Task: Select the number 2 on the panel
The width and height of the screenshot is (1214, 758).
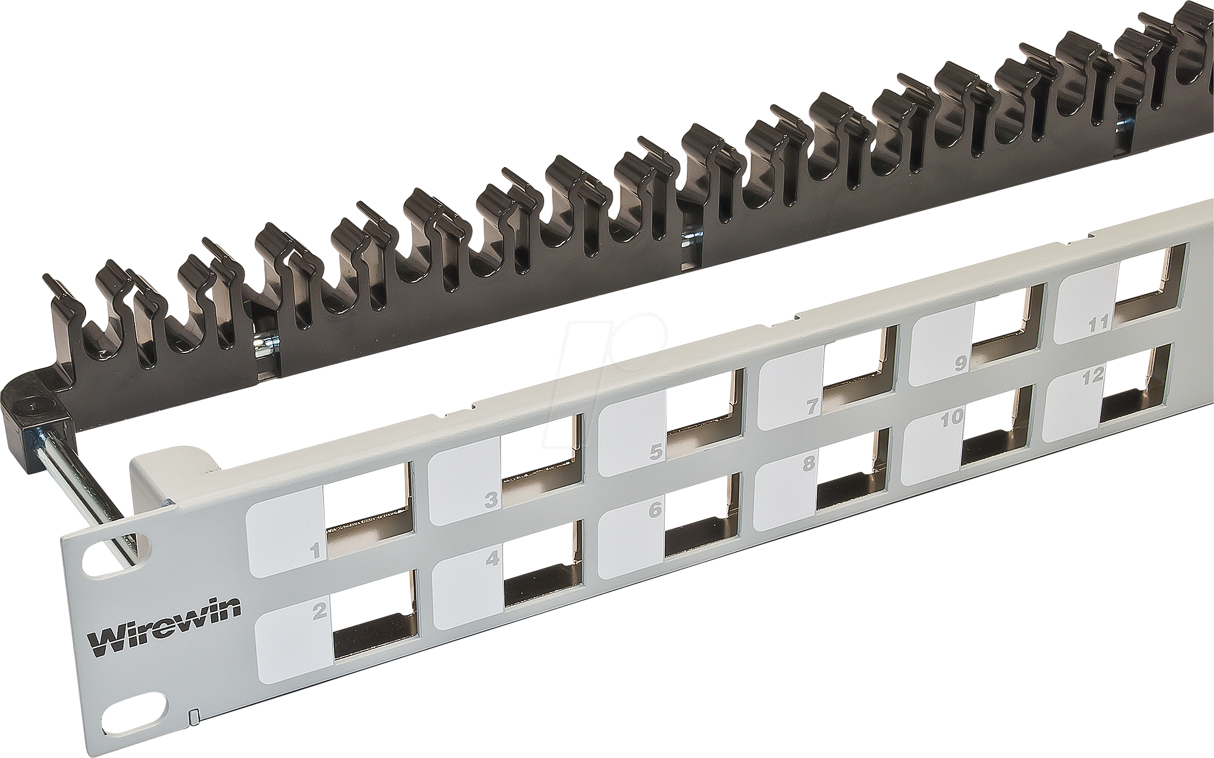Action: (x=320, y=610)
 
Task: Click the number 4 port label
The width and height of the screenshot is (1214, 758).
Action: (x=493, y=559)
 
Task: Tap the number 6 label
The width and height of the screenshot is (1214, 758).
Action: (x=655, y=510)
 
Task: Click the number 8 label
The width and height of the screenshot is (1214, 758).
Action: (x=809, y=463)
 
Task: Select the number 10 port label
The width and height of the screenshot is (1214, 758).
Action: (x=952, y=418)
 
